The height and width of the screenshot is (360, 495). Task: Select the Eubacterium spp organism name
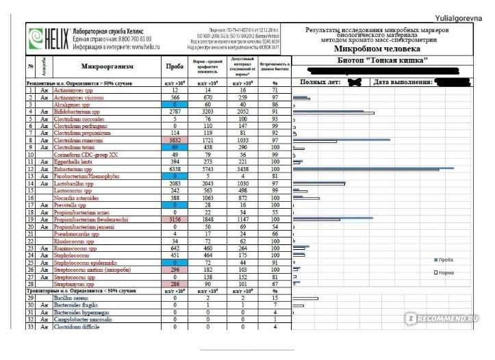pos(76,168)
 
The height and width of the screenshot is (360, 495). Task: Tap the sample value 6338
pos(175,168)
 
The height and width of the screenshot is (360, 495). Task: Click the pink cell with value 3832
pos(175,140)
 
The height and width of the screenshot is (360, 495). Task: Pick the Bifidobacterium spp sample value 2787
pos(175,111)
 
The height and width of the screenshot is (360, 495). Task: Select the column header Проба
pos(175,66)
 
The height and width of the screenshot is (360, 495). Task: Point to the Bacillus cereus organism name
pos(73,298)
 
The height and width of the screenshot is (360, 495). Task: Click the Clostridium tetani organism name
pos(76,147)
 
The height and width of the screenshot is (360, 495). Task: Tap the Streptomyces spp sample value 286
pos(175,283)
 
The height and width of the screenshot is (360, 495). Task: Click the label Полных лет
pos(322,82)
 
